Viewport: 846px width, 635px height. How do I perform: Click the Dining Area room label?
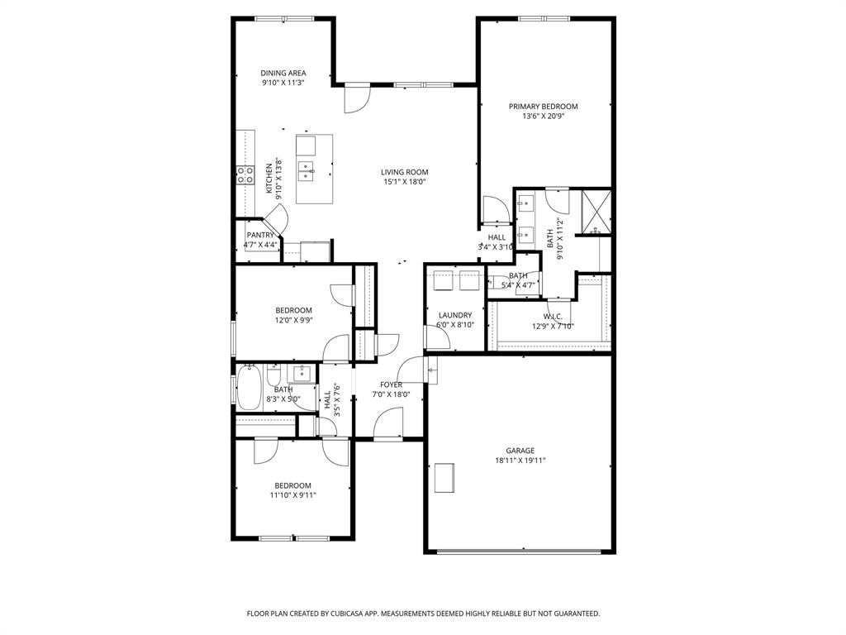click(x=283, y=73)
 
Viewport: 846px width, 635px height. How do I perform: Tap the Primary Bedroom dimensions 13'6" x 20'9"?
click(x=543, y=117)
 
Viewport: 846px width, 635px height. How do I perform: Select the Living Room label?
click(x=404, y=172)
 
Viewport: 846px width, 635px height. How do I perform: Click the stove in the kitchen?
click(x=245, y=174)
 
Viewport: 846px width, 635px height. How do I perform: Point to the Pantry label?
click(x=260, y=235)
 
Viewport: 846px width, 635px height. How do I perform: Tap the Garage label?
click(x=520, y=451)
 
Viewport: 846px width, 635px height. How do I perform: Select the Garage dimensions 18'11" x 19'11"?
click(x=520, y=461)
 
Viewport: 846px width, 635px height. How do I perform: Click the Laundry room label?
click(x=454, y=315)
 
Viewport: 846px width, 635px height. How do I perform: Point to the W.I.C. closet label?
click(x=552, y=315)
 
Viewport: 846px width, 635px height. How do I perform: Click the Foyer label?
click(x=391, y=384)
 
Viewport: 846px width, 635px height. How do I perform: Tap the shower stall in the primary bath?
click(x=596, y=212)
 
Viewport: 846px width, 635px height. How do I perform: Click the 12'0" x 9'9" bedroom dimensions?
click(x=293, y=320)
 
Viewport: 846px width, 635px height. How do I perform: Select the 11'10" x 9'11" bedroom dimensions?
click(x=292, y=495)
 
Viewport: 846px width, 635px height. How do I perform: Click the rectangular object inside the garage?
click(x=444, y=477)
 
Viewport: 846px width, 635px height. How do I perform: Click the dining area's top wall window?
click(x=283, y=18)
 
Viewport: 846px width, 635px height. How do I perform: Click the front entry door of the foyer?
click(x=388, y=425)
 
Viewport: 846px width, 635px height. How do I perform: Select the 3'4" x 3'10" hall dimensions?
click(x=496, y=247)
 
